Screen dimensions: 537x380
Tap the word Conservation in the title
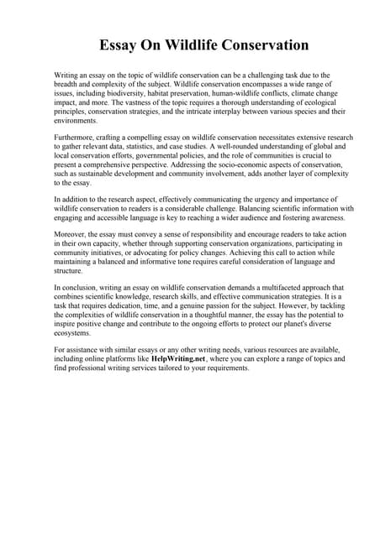coord(267,44)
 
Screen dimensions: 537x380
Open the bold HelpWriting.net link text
coord(178,357)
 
